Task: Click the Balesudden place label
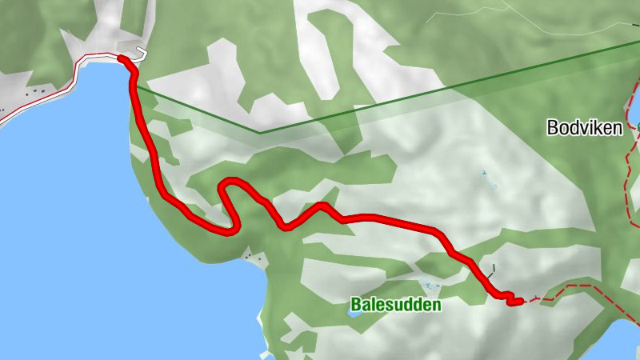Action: [395, 305]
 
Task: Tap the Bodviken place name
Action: [584, 127]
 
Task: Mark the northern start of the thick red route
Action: [122, 58]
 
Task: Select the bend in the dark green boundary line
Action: [258, 132]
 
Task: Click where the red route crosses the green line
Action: [136, 86]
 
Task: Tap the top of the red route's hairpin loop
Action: [230, 181]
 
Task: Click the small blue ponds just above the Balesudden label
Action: [430, 286]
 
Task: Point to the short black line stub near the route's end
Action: [494, 269]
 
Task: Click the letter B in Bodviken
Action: [552, 127]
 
